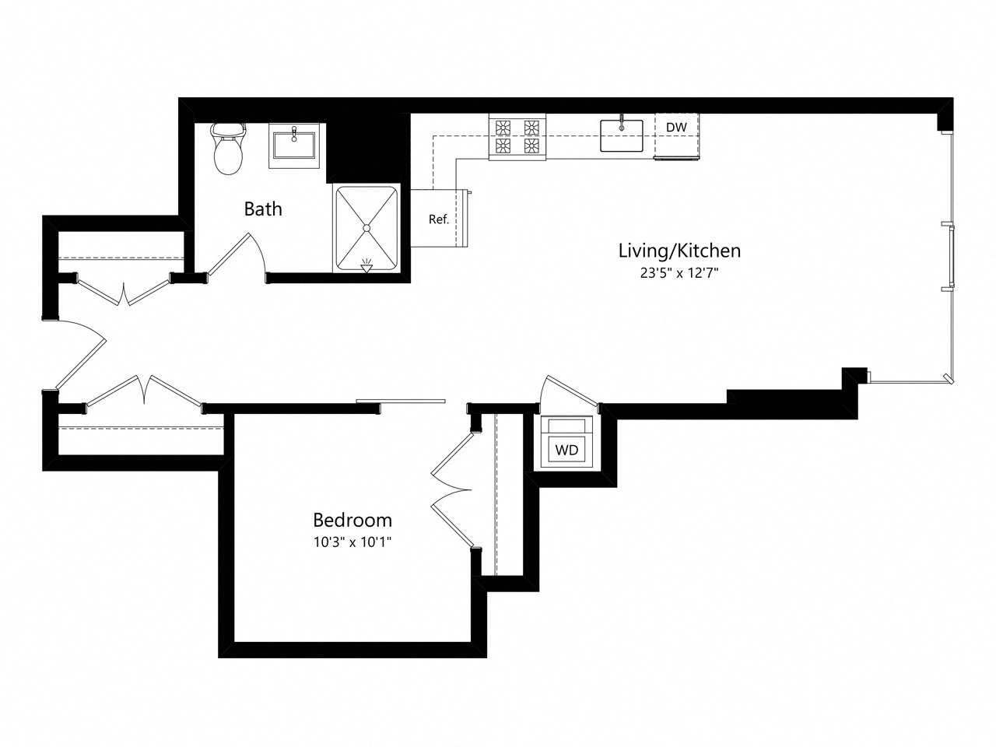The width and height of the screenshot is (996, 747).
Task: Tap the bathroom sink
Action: tap(295, 146)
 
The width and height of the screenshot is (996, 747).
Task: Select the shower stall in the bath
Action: tap(366, 228)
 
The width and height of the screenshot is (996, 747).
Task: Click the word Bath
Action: tap(263, 209)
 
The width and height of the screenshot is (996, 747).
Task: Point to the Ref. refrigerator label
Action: tap(439, 219)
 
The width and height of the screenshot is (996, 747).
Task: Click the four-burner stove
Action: tap(517, 137)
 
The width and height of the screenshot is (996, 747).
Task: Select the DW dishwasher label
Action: tap(676, 127)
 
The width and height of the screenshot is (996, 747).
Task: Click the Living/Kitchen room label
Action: tap(679, 251)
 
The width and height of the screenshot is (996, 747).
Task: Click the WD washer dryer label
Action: tap(566, 450)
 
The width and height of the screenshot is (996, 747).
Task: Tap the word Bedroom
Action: tap(352, 520)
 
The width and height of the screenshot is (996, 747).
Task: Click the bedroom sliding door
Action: tap(401, 402)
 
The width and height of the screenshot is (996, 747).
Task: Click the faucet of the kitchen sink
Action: tap(622, 121)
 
